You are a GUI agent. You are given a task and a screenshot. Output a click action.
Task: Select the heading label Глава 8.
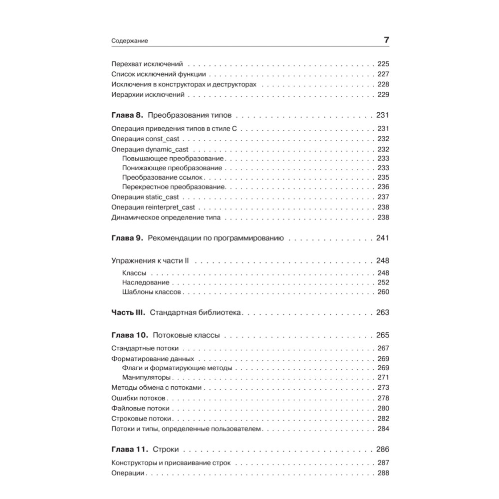(x=127, y=114)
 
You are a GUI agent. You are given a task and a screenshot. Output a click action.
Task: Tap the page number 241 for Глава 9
(x=382, y=238)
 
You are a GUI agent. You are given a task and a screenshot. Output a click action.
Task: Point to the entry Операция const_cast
(x=145, y=139)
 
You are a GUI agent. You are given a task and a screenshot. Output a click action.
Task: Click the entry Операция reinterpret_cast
(x=153, y=207)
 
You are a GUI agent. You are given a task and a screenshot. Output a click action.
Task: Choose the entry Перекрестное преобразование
(x=174, y=187)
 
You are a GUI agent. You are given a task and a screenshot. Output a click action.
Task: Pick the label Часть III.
(x=127, y=313)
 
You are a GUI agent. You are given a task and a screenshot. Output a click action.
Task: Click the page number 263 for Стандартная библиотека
(x=382, y=313)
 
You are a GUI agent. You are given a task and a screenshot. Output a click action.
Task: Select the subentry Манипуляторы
(x=147, y=377)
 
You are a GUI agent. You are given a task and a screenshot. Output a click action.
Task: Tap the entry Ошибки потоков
(x=139, y=398)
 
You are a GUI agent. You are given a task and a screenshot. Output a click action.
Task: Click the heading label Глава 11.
(x=129, y=449)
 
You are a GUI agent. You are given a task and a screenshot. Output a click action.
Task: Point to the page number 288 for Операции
(x=383, y=473)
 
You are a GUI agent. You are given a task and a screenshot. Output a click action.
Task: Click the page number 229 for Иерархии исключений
(x=383, y=94)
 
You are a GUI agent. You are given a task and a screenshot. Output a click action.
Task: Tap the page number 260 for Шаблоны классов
(x=383, y=292)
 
